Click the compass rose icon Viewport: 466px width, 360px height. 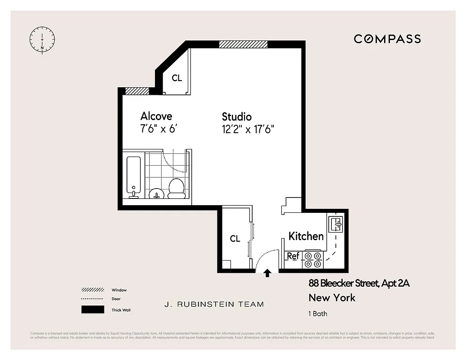click(42, 39)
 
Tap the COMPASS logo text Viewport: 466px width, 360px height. click(387, 39)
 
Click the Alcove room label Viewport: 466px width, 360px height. click(156, 116)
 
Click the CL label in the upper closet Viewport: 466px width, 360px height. click(177, 78)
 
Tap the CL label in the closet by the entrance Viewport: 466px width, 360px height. click(235, 238)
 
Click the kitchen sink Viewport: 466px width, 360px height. click(336, 223)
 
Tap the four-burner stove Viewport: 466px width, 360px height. click(313, 260)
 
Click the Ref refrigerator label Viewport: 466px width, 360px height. click(293, 256)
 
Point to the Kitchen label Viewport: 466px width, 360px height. click(306, 236)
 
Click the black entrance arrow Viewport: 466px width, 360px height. click(267, 273)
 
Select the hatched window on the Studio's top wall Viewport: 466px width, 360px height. click(243, 44)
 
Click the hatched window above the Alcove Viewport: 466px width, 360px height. click(137, 91)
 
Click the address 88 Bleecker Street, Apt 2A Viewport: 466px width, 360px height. click(359, 283)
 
